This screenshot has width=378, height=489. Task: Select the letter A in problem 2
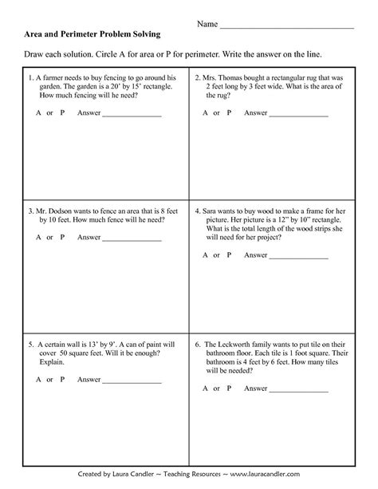tap(205, 113)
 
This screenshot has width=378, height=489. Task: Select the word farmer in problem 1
tap(53, 78)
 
